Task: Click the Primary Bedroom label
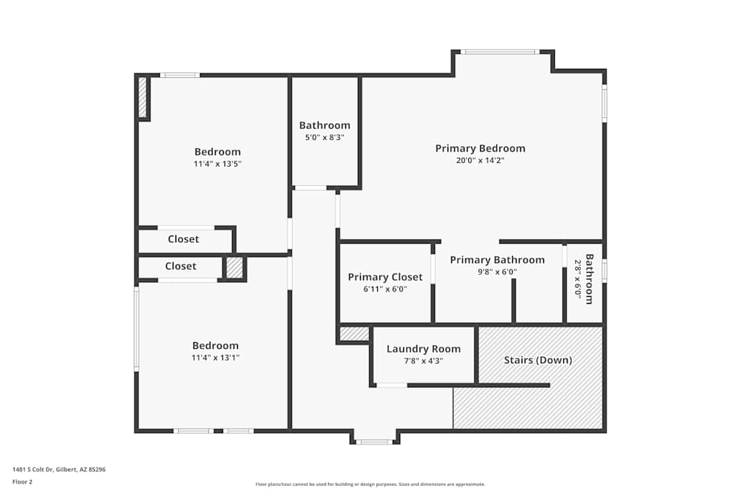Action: pos(480,148)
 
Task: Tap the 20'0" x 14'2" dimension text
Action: pos(480,160)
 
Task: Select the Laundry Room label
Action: pos(423,349)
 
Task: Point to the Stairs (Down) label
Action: pos(538,360)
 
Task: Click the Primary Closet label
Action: pos(385,277)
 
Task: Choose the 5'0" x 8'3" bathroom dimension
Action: pos(325,138)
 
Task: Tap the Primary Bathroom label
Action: pos(497,260)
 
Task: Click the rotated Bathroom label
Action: pos(589,279)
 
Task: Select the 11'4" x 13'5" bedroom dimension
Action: pos(217,164)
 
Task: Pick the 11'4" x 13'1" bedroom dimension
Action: pos(216,358)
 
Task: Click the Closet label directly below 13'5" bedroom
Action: pos(183,239)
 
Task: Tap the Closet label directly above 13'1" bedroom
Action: pos(181,266)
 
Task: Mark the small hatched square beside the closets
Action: pos(234,268)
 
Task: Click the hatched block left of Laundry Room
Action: pos(354,334)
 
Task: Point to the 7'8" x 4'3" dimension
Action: pos(423,361)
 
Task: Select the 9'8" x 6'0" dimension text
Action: pos(497,272)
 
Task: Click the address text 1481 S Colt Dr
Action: pos(33,470)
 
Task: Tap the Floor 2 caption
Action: pos(22,481)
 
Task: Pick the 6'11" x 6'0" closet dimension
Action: pos(385,289)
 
